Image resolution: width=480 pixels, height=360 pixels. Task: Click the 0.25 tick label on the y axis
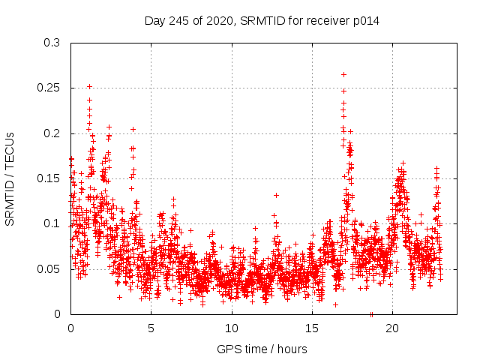tap(50, 88)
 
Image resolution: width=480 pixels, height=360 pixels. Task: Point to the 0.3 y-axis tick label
tap(53, 43)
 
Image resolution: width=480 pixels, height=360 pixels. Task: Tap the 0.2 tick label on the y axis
tap(53, 133)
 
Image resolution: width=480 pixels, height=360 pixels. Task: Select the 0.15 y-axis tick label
tap(50, 178)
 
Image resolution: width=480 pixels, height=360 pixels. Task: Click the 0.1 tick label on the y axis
tap(53, 223)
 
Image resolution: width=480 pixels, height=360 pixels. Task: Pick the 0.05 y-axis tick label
tap(50, 268)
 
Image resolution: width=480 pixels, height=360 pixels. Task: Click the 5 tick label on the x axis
tap(151, 328)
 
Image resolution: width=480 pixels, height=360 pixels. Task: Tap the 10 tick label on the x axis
tap(232, 328)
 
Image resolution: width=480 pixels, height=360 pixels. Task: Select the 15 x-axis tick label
tap(312, 328)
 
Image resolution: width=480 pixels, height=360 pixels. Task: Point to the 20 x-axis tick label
tap(392, 328)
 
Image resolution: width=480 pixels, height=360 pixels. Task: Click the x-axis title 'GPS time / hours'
tap(262, 349)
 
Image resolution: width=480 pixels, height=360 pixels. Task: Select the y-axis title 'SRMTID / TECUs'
tap(10, 178)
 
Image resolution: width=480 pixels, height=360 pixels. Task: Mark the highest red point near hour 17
tap(343, 74)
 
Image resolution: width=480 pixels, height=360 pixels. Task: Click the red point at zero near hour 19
tap(371, 314)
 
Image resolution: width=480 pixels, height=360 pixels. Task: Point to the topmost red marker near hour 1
tap(89, 86)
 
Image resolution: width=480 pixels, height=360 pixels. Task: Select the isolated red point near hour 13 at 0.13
tap(276, 195)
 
